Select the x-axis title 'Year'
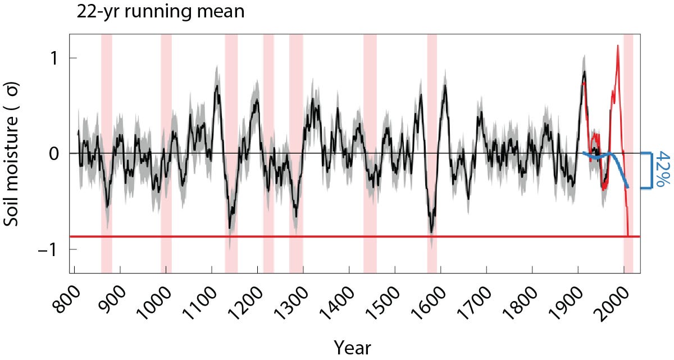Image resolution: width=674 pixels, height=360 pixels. (x=352, y=347)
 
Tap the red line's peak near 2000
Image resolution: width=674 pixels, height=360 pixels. (x=618, y=46)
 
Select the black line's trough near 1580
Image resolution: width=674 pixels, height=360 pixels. (x=431, y=231)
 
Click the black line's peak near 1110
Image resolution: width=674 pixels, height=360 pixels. (x=217, y=86)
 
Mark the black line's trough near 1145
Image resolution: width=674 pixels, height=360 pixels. (x=230, y=227)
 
